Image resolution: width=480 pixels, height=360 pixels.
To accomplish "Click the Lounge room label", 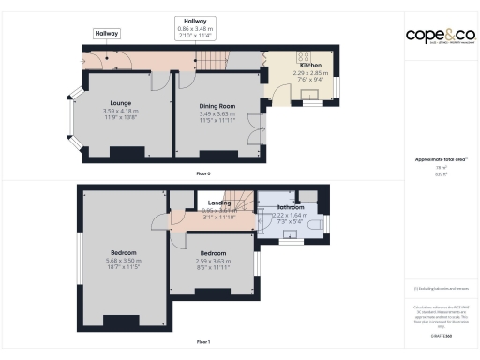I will pos(119,102).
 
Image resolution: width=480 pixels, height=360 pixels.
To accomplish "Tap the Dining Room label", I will pos(216,106).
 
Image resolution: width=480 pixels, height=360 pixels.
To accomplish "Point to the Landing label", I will pos(220,202).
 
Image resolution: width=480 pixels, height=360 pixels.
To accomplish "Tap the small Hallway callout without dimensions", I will pos(107,34).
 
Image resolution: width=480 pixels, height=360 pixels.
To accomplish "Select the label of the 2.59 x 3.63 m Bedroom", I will pos(211,253).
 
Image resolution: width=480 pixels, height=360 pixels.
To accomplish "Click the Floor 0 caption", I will pos(202,174).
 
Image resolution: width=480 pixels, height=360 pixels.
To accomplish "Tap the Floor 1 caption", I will pos(202,341).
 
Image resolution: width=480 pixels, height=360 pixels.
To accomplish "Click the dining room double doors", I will pos(254,127).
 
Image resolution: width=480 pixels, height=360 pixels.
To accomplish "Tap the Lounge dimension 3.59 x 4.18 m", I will pos(119,112).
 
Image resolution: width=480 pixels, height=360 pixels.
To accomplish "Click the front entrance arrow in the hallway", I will pos(108,58).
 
